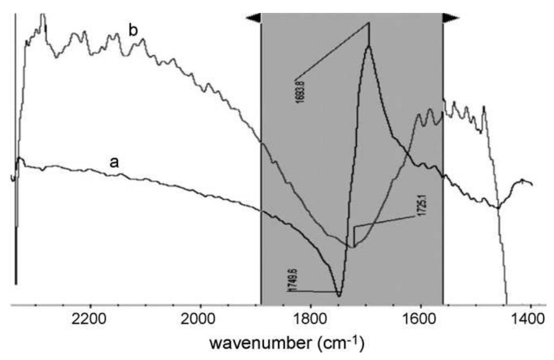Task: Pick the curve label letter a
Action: [x=114, y=162]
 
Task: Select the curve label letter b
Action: [x=133, y=31]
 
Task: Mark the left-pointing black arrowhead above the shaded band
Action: [x=253, y=18]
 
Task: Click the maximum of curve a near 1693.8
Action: [x=369, y=46]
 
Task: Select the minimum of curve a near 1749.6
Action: [x=339, y=296]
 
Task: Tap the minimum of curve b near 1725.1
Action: [x=354, y=247]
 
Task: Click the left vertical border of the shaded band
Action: [x=261, y=161]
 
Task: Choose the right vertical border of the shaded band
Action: [x=443, y=161]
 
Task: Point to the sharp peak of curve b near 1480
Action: [x=484, y=107]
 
